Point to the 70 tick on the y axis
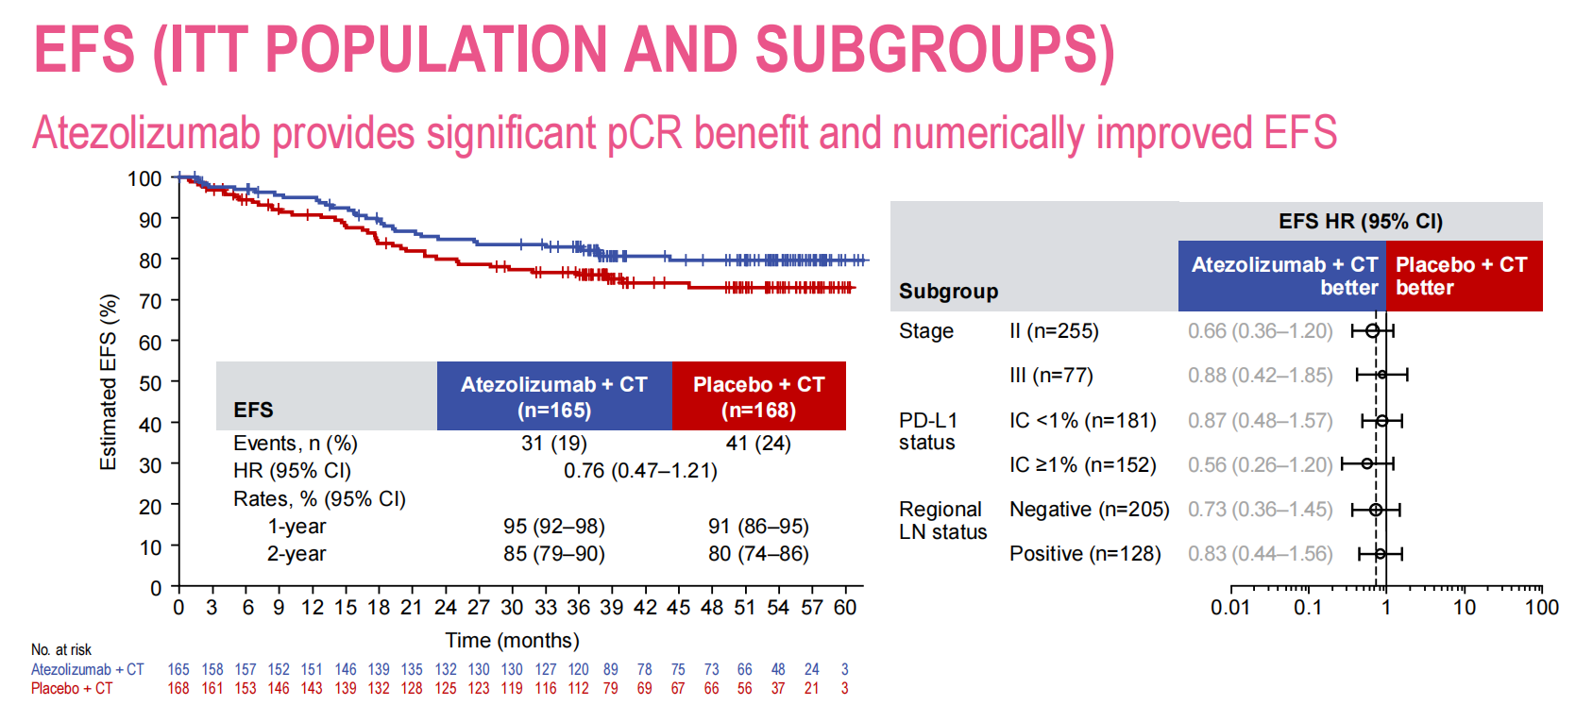coord(150,301)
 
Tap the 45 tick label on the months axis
coord(678,607)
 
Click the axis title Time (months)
coord(512,640)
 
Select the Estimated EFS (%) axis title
coord(109,382)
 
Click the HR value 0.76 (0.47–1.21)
coord(640,470)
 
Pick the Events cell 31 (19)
coord(553,443)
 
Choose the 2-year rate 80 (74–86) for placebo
coord(758,553)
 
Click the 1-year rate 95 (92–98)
coord(553,526)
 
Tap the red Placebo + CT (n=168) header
coord(758,396)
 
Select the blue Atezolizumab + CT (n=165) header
coord(553,396)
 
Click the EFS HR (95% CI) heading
coord(1360,221)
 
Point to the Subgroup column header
coord(948,291)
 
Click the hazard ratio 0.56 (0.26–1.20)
coord(1260,464)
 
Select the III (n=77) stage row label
coord(1051,375)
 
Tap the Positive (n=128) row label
coord(1085,553)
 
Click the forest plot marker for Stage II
coord(1372,330)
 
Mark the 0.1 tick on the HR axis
coord(1308,607)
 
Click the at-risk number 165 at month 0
coord(178,669)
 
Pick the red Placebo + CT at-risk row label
coord(72,688)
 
